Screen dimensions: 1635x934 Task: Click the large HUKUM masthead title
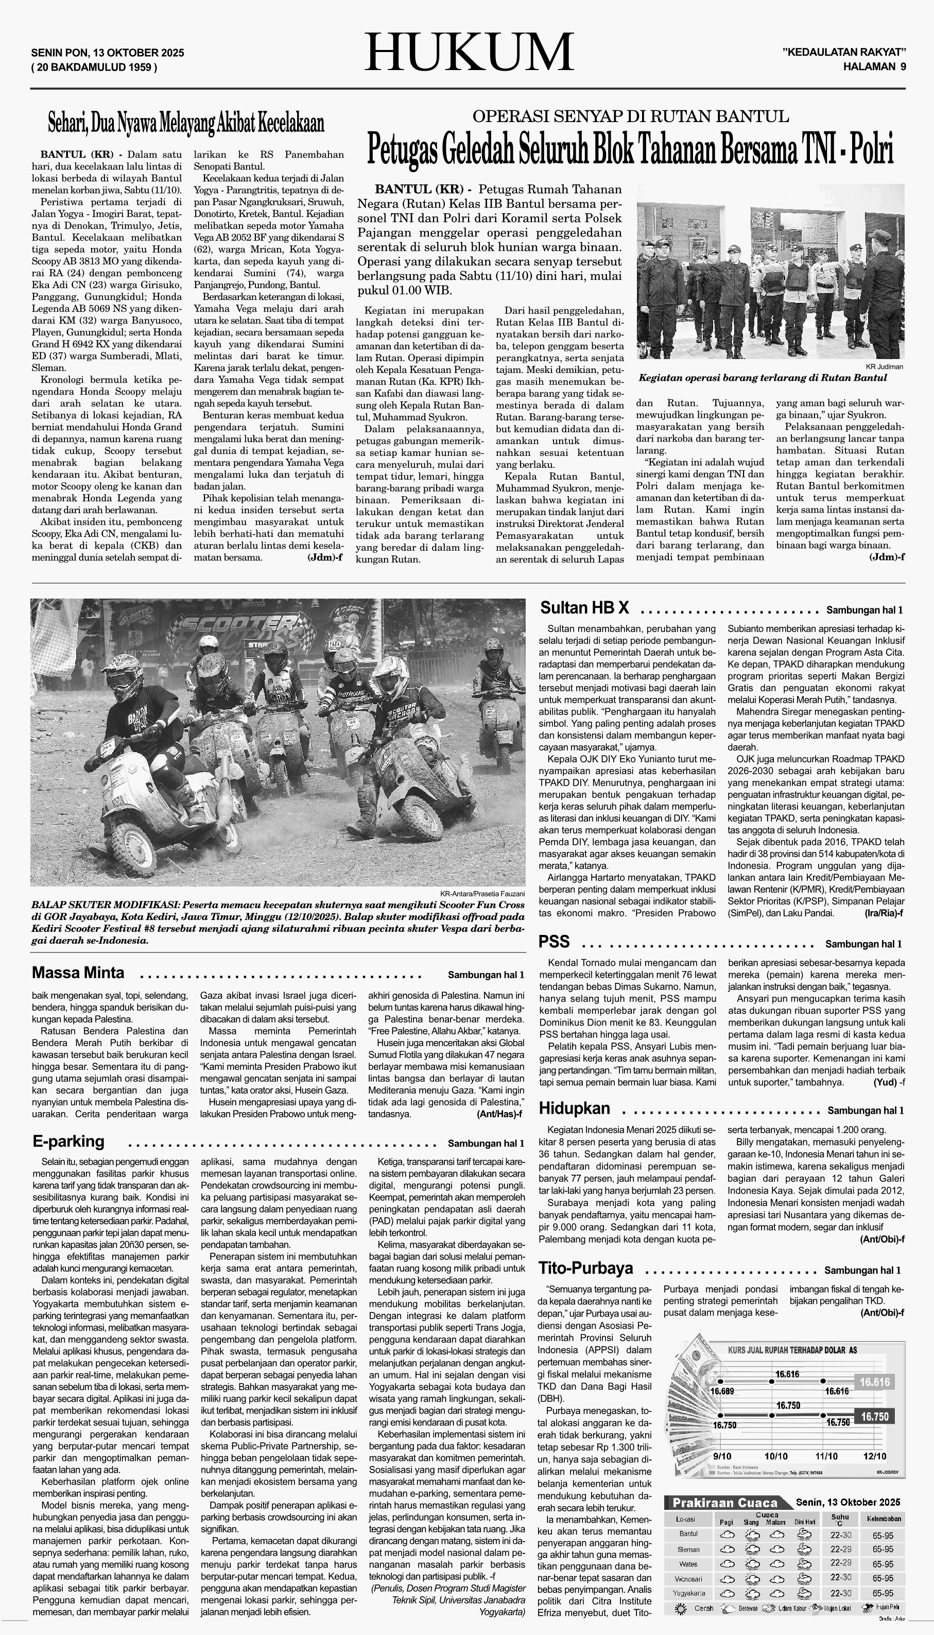click(x=469, y=52)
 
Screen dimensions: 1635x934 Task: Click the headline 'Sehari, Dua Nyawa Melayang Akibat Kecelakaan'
click(x=186, y=123)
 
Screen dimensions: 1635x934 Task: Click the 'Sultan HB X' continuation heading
click(x=584, y=608)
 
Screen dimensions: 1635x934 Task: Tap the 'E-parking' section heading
click(x=68, y=1142)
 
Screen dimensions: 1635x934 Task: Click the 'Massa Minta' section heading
click(x=78, y=973)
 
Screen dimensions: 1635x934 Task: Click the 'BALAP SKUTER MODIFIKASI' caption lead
click(x=107, y=904)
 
